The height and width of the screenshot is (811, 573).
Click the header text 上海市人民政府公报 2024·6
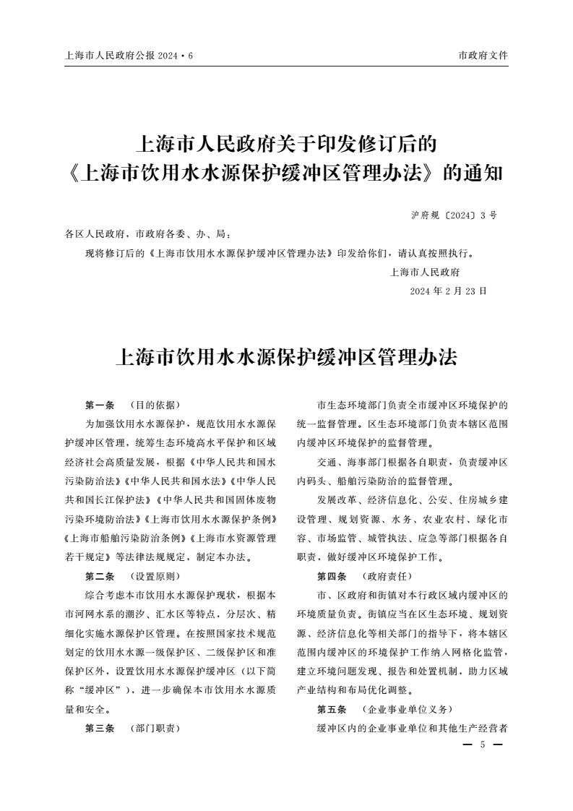(129, 55)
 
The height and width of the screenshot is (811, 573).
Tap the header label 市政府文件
(483, 55)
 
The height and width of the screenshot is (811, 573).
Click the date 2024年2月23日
(448, 291)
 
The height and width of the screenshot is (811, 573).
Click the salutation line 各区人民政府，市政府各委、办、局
(148, 234)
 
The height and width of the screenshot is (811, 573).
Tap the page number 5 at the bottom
(483, 745)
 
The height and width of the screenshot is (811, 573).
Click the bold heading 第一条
(100, 405)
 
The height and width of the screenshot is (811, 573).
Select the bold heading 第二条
(100, 576)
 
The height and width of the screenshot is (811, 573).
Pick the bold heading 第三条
(100, 728)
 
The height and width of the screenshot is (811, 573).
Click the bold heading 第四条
(332, 576)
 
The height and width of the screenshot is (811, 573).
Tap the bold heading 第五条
(332, 709)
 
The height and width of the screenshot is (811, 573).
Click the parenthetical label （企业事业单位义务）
(409, 709)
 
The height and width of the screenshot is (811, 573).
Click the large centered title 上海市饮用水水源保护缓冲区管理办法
(286, 357)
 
